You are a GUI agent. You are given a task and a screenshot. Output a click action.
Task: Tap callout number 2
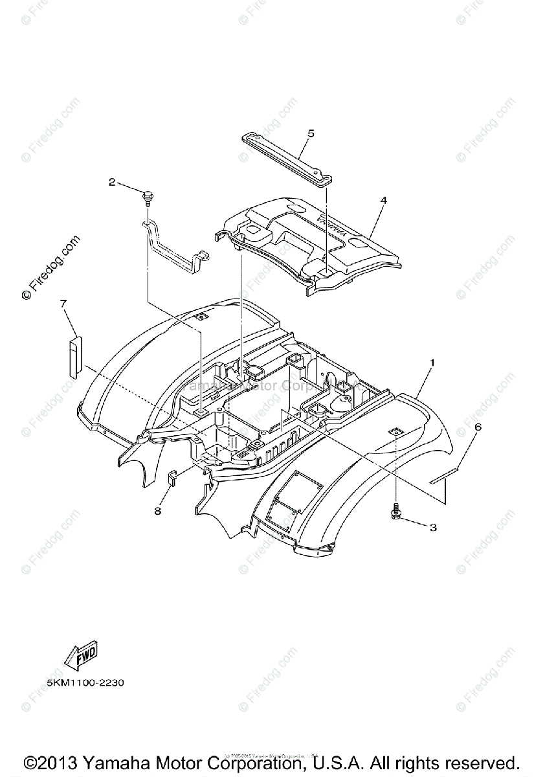[x=112, y=183]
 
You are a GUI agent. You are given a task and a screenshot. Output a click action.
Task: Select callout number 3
[x=433, y=528]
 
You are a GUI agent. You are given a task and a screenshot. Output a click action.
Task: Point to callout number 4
[x=383, y=201]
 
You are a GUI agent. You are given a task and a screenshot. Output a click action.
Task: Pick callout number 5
[x=311, y=133]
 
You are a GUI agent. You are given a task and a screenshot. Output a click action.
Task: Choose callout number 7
[x=63, y=303]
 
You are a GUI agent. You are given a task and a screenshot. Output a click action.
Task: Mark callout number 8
[x=157, y=511]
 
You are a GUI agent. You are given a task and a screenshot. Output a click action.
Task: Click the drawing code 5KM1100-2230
[x=85, y=683]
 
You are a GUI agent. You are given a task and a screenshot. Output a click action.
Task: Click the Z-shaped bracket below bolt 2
[x=172, y=246]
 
